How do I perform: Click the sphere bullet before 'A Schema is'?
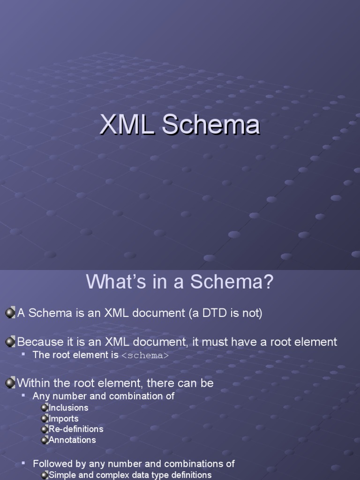[10, 313]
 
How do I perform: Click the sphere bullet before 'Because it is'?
[10, 342]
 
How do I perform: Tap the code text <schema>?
[145, 355]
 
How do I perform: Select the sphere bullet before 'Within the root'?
[10, 383]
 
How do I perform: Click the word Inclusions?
[68, 408]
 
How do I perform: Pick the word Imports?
[64, 419]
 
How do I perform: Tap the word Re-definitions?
[76, 429]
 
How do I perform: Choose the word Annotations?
[72, 440]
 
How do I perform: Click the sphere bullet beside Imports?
[45, 419]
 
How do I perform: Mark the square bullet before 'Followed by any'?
[23, 464]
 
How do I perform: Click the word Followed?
[52, 464]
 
